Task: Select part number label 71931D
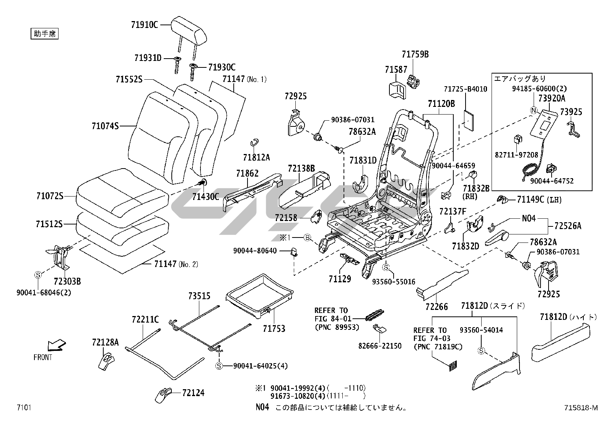[148, 58]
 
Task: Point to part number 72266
[436, 306]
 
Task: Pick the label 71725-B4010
[465, 89]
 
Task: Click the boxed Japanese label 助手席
[44, 34]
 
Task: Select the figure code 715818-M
[580, 408]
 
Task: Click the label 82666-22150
[379, 346]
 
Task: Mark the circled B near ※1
[307, 238]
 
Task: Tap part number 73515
[199, 296]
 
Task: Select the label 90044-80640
[255, 251]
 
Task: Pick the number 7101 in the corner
[23, 408]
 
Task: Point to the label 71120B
[441, 103]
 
